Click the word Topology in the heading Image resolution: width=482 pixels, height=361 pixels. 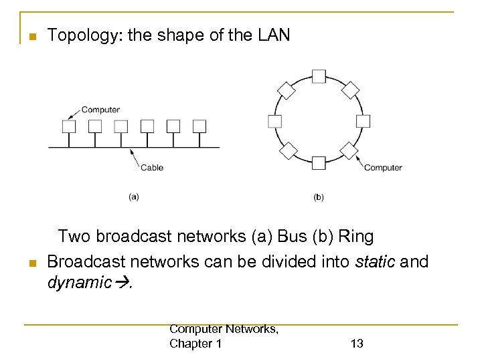[x=75, y=35]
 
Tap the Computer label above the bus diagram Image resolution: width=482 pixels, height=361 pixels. [x=100, y=110]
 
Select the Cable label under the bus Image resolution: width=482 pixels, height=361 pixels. [x=152, y=167]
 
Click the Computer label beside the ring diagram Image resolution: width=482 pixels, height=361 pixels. [x=383, y=168]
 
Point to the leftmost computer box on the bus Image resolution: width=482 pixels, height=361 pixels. [x=69, y=126]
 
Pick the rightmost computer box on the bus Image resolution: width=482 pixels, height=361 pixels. [x=199, y=126]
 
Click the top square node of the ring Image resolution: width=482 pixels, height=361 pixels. [x=319, y=77]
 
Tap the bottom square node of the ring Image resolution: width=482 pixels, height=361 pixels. [x=319, y=162]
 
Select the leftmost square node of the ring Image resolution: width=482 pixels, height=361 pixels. [x=274, y=121]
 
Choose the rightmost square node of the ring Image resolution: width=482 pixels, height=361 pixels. [x=363, y=121]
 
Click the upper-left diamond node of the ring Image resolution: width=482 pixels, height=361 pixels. [x=287, y=90]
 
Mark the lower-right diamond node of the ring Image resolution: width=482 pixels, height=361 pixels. [x=349, y=150]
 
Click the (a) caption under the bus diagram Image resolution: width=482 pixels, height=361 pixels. [x=134, y=197]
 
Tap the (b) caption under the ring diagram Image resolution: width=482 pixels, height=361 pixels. [x=319, y=197]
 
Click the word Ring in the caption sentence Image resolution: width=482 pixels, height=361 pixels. [x=356, y=237]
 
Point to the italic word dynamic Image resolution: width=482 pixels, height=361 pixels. [x=78, y=282]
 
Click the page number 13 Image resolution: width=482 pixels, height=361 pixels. [x=357, y=344]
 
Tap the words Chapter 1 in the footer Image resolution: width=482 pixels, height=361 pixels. [x=196, y=344]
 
